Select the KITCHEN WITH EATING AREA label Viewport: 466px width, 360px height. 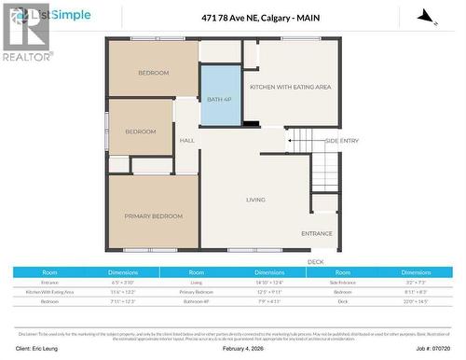point(290,87)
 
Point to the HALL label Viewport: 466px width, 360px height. point(186,141)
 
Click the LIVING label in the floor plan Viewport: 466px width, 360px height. point(255,200)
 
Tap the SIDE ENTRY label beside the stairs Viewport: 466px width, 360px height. point(341,141)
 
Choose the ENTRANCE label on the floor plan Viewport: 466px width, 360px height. point(317,233)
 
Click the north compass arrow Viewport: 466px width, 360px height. point(425,16)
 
